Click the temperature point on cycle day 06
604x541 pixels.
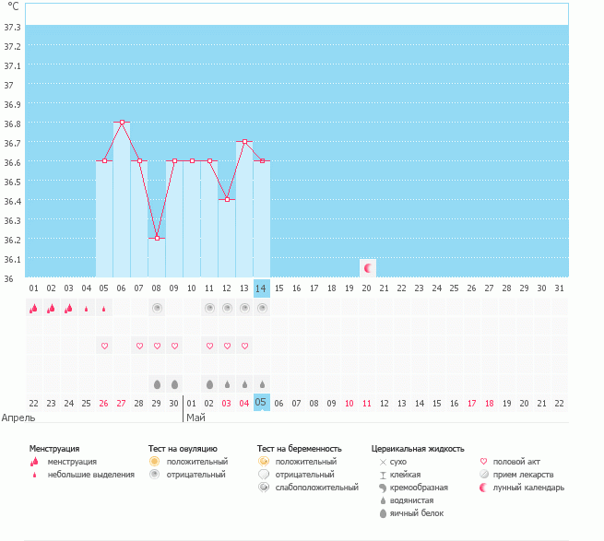click(x=122, y=122)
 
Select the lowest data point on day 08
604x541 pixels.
click(x=157, y=238)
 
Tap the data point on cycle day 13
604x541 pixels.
click(x=244, y=142)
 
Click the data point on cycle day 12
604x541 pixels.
click(x=227, y=199)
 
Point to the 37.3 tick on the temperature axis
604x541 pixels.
click(x=13, y=27)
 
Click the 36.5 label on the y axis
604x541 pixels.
click(x=13, y=182)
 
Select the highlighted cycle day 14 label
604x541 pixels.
click(x=262, y=288)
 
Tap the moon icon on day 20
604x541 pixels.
click(x=368, y=268)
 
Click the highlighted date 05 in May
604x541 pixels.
click(x=262, y=403)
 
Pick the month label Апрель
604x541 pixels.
click(x=19, y=417)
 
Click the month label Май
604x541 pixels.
click(x=195, y=417)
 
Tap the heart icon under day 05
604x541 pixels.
click(x=104, y=346)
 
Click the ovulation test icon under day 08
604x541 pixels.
click(x=157, y=308)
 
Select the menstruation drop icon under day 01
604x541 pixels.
click(x=34, y=308)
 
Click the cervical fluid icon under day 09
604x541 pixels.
click(x=174, y=383)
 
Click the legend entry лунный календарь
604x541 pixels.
click(x=528, y=487)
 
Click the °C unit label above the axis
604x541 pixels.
click(x=13, y=6)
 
